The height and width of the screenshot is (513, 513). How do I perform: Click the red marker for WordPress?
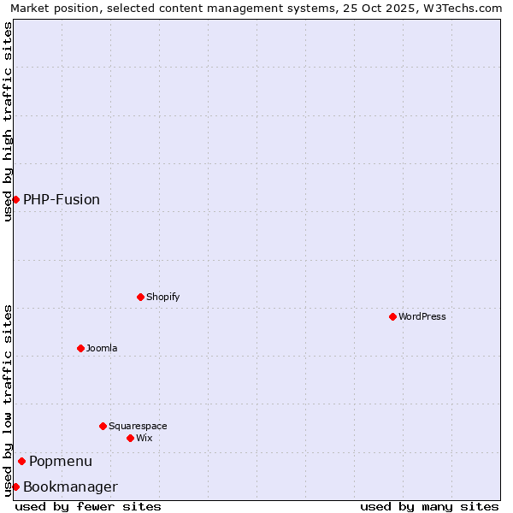[392, 316]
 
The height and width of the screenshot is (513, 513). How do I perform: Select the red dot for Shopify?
[140, 297]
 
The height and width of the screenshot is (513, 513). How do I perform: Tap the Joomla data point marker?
[80, 348]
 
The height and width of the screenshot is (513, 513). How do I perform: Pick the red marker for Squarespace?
[103, 426]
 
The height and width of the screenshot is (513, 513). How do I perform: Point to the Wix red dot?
[130, 438]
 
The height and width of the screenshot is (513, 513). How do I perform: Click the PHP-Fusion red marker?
[15, 199]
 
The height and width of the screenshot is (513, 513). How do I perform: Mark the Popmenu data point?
[21, 461]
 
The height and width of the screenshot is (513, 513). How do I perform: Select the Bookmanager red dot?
[15, 486]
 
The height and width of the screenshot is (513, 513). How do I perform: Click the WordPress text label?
[422, 316]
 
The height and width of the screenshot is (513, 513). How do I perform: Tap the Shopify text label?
[162, 297]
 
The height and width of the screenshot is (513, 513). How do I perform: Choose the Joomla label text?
[102, 348]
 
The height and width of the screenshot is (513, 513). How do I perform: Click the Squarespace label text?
[138, 426]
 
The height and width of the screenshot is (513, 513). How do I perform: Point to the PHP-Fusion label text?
[62, 199]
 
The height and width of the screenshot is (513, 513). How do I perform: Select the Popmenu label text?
[61, 461]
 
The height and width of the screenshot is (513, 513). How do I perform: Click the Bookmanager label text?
[70, 486]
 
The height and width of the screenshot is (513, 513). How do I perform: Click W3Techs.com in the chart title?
[462, 8]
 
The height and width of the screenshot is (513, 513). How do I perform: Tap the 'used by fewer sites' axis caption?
[88, 506]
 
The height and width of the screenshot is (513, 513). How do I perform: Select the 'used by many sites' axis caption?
[429, 506]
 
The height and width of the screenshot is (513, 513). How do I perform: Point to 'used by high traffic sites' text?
[8, 121]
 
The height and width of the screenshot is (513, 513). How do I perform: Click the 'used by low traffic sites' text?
[8, 399]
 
